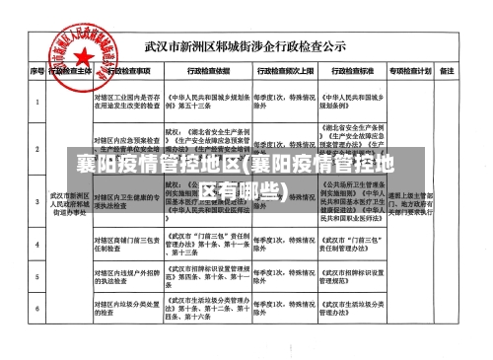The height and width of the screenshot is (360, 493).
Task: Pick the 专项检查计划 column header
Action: coord(410,72)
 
